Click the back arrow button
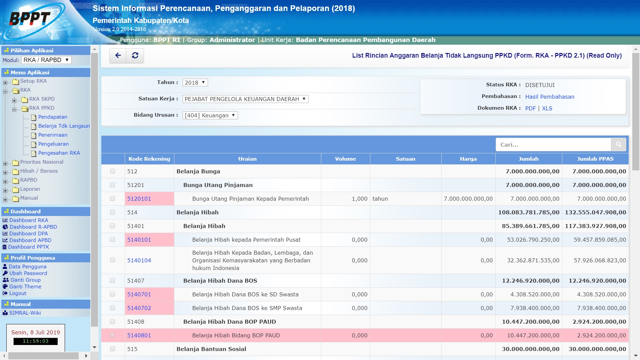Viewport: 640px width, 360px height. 118,56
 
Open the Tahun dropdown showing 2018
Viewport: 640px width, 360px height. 195,83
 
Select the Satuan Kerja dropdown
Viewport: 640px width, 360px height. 245,99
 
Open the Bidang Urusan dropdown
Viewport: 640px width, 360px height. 210,115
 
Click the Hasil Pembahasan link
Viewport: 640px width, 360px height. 550,97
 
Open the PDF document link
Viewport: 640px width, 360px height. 530,108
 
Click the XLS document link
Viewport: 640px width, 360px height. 547,108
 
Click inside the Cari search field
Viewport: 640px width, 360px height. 553,145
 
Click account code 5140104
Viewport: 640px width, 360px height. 139,260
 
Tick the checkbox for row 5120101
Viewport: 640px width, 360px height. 112,199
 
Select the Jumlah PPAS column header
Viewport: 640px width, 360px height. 595,159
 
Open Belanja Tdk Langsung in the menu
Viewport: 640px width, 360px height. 64,126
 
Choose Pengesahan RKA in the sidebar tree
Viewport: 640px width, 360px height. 59,153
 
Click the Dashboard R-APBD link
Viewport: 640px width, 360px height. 33,227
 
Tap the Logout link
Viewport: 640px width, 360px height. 18,293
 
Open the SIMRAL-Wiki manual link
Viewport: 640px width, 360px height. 25,313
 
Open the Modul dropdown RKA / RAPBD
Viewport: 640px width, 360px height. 46,60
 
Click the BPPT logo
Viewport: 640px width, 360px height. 30,19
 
